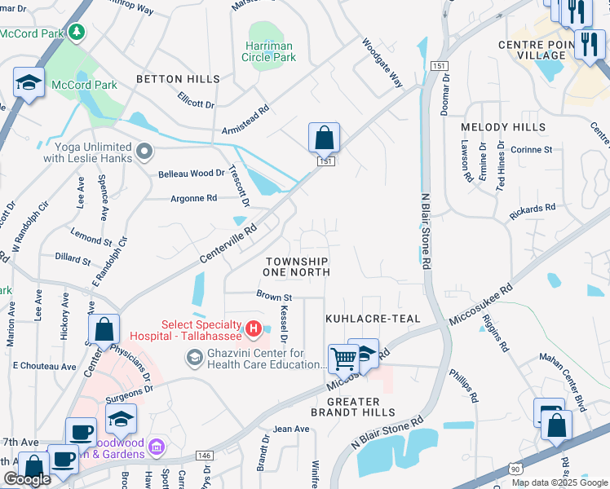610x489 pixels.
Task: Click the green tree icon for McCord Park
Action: pyautogui.click(x=77, y=32)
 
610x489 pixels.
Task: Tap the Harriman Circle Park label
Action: pyautogui.click(x=268, y=51)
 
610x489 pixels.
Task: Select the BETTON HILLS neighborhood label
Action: pyautogui.click(x=178, y=79)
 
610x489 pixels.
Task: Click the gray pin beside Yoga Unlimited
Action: pyautogui.click(x=145, y=151)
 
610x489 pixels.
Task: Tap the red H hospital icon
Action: pyautogui.click(x=254, y=329)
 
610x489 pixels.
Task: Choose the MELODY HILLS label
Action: pyautogui.click(x=503, y=128)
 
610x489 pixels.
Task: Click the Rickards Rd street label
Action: pyautogui.click(x=533, y=210)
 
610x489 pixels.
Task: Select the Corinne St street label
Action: pyautogui.click(x=532, y=150)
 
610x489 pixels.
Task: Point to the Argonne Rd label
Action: pyautogui.click(x=193, y=198)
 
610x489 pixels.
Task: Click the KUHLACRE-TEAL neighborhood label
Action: pyautogui.click(x=373, y=319)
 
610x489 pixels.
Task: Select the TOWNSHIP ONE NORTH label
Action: pyautogui.click(x=298, y=266)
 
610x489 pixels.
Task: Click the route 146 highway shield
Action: pyautogui.click(x=204, y=456)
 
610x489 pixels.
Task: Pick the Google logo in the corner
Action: pyautogui.click(x=27, y=479)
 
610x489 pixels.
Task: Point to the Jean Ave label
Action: pyautogui.click(x=291, y=429)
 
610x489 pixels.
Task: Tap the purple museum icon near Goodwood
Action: pyautogui.click(x=157, y=447)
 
